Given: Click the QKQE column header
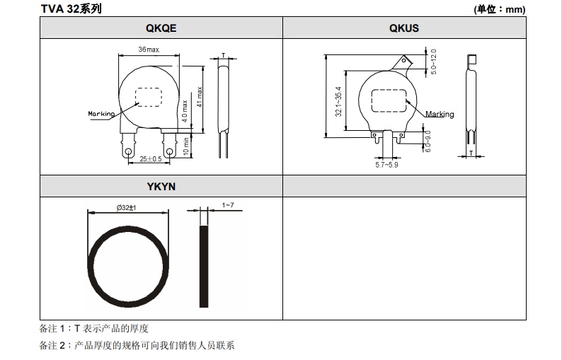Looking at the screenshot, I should click(x=160, y=28).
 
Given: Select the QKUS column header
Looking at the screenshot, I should click(x=403, y=28).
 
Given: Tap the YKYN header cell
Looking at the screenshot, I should click(x=161, y=187).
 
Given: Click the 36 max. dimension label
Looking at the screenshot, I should click(x=149, y=50).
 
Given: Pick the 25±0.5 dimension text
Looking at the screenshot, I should click(x=150, y=160).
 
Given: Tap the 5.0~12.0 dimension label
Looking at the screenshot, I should click(x=433, y=62).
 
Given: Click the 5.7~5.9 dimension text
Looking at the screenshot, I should click(x=386, y=166).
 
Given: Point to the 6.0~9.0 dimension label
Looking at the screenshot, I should click(x=428, y=140).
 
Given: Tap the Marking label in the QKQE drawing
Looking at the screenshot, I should click(x=101, y=113).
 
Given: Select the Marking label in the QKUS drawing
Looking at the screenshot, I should click(x=440, y=115).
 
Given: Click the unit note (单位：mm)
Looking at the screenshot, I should click(x=499, y=9).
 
